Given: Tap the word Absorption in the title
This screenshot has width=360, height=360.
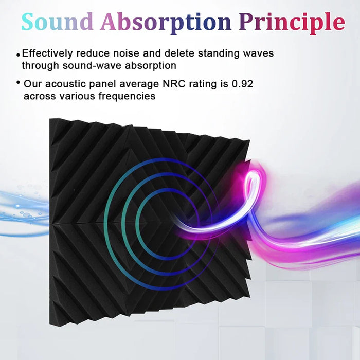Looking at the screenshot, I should coord(166,22).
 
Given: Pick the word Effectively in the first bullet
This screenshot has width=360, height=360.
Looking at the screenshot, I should coord(48,53).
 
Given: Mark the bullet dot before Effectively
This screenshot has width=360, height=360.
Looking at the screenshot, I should coord(19,55).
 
